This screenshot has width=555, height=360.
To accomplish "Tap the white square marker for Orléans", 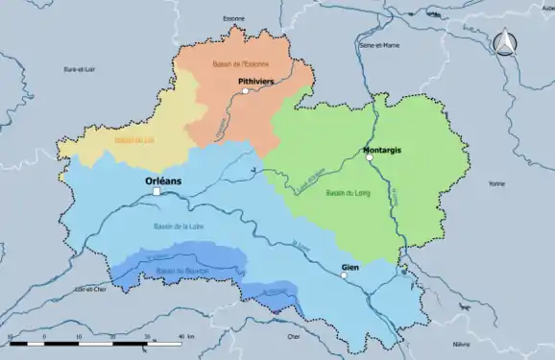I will [156, 192].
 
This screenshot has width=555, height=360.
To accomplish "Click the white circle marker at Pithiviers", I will [246, 91].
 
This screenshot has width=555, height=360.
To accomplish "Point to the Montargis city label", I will [382, 151].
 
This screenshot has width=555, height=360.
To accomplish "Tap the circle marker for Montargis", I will [370, 157].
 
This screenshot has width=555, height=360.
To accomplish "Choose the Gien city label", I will [350, 267].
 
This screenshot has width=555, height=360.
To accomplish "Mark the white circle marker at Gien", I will [344, 276].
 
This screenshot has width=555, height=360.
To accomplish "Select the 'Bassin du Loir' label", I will [134, 140].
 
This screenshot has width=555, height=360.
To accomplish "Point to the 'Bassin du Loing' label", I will [347, 193].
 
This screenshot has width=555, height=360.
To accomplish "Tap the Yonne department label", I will [495, 183].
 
